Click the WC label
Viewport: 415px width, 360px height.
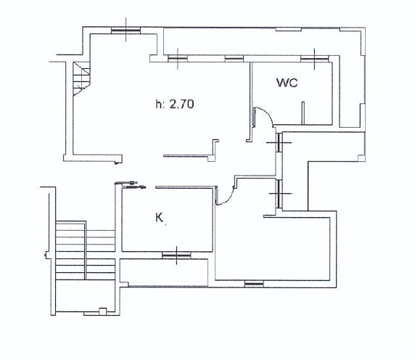click(287, 83)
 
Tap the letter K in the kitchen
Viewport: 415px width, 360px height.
click(159, 218)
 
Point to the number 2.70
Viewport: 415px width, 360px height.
click(181, 104)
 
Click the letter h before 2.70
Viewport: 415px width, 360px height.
click(158, 104)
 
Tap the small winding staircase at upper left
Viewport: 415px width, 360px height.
click(81, 78)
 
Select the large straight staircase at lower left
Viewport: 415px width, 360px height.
click(85, 250)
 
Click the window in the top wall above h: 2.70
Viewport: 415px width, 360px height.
click(126, 30)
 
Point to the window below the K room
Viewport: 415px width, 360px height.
click(176, 255)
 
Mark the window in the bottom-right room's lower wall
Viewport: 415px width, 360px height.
click(254, 284)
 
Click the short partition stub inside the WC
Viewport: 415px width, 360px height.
click(303, 113)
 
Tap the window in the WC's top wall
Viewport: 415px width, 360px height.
click(314, 59)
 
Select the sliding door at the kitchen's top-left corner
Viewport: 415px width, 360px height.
click(130, 185)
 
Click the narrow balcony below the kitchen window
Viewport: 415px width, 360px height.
click(164, 273)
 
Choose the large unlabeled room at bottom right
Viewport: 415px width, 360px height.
click(273, 248)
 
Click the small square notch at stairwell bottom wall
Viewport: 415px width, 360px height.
click(103, 311)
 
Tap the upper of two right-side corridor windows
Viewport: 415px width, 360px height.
click(279, 142)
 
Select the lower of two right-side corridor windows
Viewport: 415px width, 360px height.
click(279, 194)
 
